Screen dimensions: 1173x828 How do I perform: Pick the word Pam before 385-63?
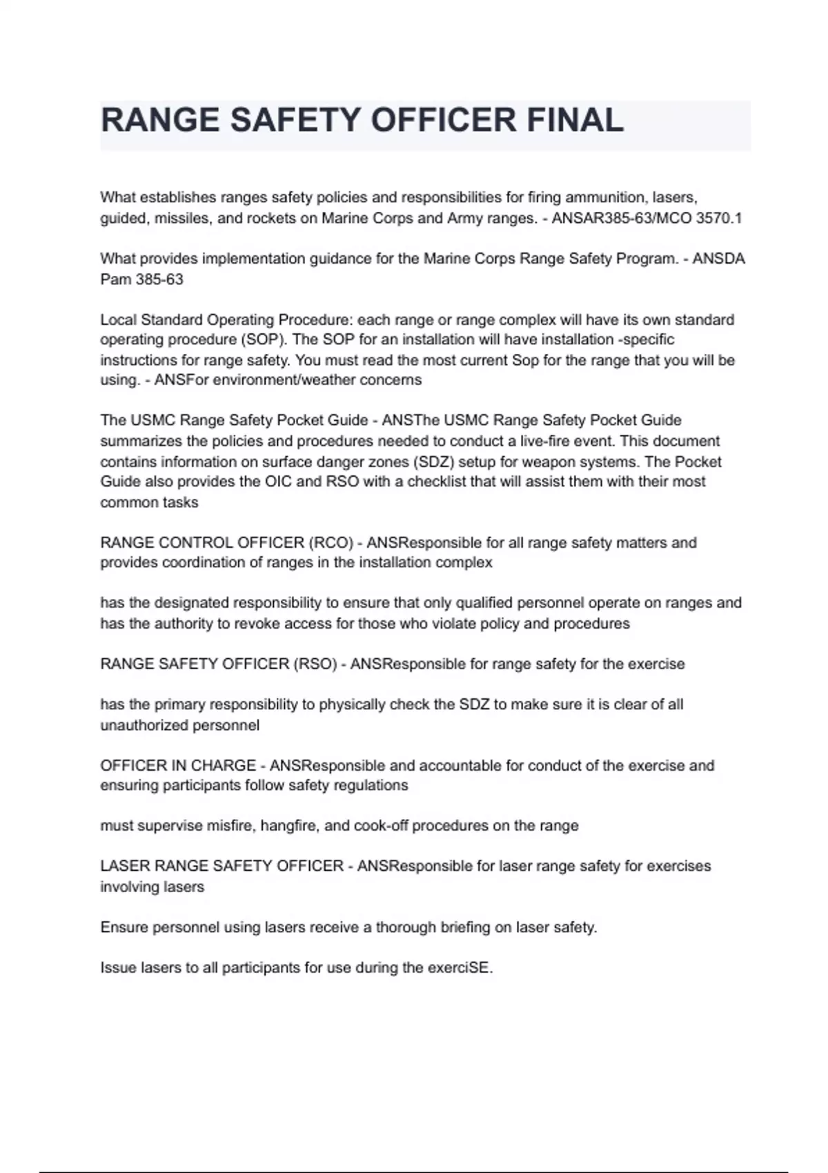click(x=115, y=279)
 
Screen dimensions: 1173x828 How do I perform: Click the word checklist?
click(x=437, y=482)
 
